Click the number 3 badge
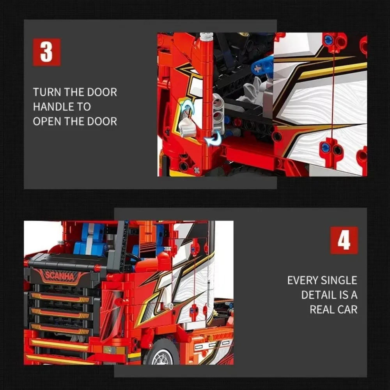(x=46, y=52)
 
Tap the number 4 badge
(x=344, y=240)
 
